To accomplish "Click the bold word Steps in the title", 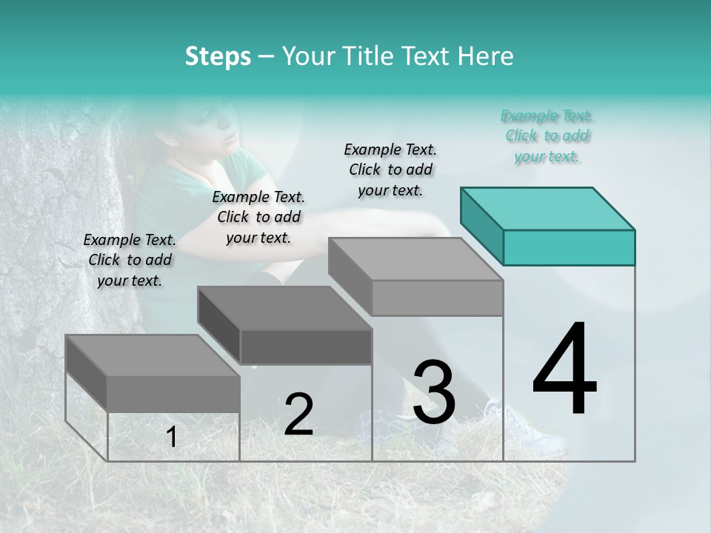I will [218, 56].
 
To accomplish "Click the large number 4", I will [564, 370].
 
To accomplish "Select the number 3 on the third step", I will [434, 392].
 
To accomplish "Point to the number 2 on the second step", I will [298, 415].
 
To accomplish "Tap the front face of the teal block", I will [569, 247].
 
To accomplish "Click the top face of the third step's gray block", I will [415, 259].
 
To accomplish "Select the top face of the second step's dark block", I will [284, 308].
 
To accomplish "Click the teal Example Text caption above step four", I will [547, 136].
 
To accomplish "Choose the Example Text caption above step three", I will [390, 170].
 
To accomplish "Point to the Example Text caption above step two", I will [258, 217].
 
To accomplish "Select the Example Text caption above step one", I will [130, 260].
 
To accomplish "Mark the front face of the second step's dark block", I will [306, 346].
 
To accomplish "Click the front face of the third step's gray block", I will [437, 298].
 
